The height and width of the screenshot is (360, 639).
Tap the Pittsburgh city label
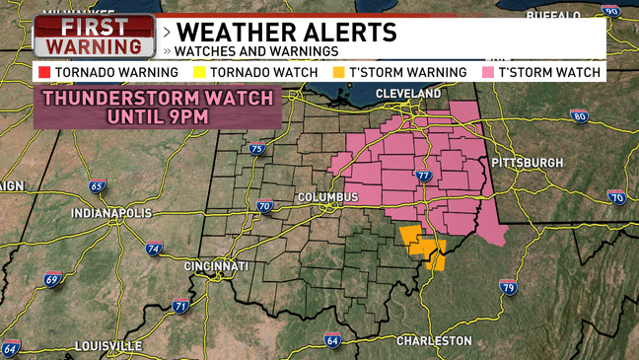[x=528, y=162]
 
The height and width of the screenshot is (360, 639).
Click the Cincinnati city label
[x=216, y=266]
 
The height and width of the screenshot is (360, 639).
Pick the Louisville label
[x=108, y=345]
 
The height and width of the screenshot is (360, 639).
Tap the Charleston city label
[x=434, y=340]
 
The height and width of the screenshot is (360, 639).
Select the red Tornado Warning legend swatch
[x=43, y=72]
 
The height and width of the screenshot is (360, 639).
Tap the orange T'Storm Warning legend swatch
[x=338, y=72]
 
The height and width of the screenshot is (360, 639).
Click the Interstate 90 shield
[x=611, y=11]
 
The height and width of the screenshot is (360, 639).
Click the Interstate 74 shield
[x=153, y=250]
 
